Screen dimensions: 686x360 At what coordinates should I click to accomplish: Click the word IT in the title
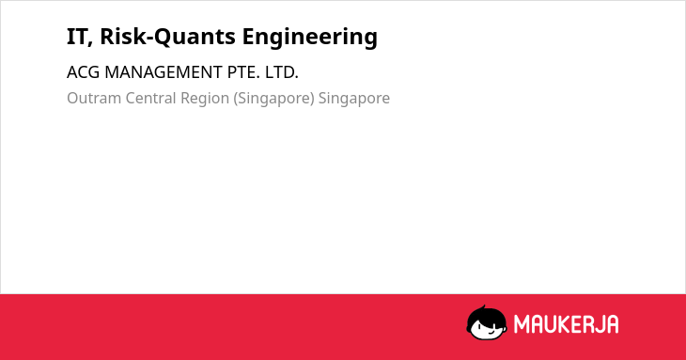77,37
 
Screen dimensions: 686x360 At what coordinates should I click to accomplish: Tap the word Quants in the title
195,37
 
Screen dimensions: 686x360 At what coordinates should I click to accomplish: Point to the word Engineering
310,38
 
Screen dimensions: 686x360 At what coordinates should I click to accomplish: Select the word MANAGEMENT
164,72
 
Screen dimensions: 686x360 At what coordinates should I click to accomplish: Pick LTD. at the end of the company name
282,72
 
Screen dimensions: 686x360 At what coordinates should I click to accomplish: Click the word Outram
94,98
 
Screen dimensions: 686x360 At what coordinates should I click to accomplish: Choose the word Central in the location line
150,98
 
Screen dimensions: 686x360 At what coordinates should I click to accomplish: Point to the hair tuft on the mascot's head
483,307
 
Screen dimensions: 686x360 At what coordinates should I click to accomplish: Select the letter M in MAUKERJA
521,324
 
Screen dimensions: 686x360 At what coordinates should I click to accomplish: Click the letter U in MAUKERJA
550,324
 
